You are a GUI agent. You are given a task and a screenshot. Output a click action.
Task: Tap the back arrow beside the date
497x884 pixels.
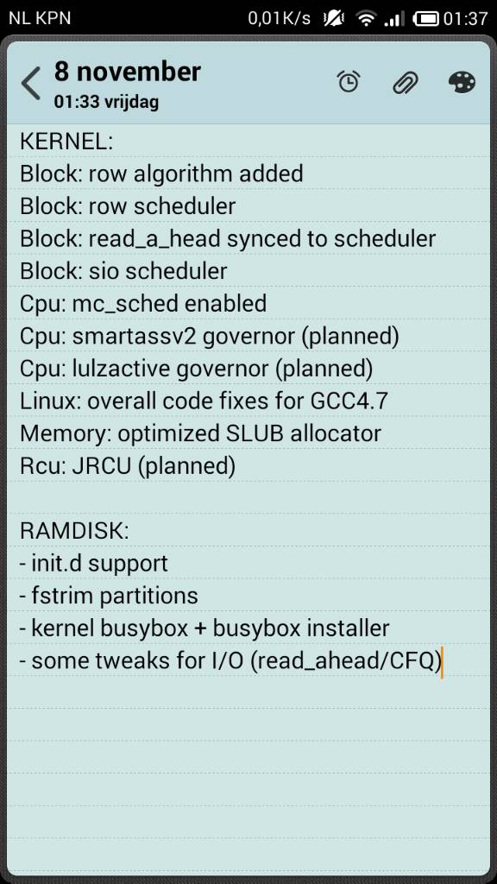tap(30, 84)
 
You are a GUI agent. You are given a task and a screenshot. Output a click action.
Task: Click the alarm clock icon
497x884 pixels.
tap(349, 82)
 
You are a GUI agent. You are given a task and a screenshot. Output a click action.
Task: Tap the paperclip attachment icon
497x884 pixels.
tap(406, 83)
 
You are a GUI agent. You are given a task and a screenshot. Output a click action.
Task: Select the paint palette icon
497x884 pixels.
tap(462, 82)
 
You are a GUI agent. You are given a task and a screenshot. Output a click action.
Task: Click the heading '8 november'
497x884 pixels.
tap(128, 73)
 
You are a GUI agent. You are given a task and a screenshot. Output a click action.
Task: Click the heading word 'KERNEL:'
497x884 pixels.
tap(66, 141)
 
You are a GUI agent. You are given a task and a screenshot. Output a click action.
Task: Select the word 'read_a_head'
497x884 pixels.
tap(154, 240)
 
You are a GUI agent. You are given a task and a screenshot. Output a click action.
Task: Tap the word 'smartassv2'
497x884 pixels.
tap(135, 338)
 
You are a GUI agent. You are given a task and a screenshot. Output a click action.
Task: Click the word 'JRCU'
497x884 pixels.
tap(95, 466)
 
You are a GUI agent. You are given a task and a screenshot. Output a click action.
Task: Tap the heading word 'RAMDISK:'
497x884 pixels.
tap(74, 532)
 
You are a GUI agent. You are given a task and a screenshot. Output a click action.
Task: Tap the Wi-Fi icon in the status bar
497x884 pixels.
tap(366, 19)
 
